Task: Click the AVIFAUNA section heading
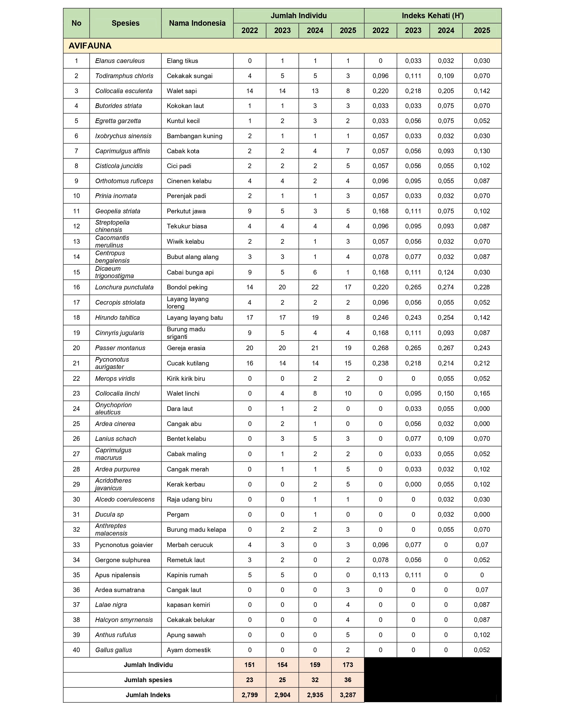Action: click(x=90, y=46)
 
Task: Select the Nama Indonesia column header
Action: click(x=197, y=23)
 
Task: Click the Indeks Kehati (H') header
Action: click(x=433, y=16)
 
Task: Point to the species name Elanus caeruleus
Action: click(x=120, y=61)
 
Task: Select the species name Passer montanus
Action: click(x=120, y=348)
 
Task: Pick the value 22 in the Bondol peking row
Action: click(x=315, y=287)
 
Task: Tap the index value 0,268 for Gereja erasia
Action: click(x=380, y=348)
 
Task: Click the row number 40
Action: click(x=76, y=650)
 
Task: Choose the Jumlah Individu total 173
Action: click(x=348, y=665)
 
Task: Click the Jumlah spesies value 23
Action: click(x=249, y=680)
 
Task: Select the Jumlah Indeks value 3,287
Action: click(x=348, y=695)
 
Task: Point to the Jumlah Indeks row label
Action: click(x=148, y=695)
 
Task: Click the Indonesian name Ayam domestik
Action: click(x=189, y=650)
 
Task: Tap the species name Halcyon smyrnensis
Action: click(x=124, y=620)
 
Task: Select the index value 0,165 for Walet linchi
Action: click(x=482, y=393)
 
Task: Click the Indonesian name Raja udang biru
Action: click(x=189, y=499)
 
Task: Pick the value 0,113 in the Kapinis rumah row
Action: click(x=380, y=575)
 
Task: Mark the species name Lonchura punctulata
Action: click(x=124, y=287)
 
